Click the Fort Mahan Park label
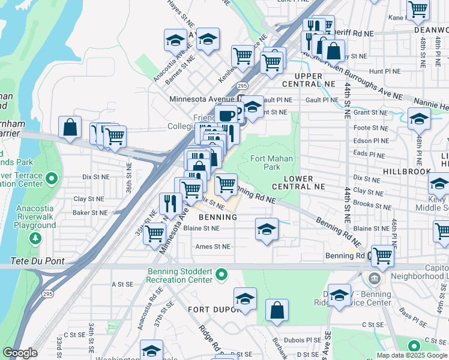tap(265, 163)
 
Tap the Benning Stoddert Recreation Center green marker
tap(221, 275)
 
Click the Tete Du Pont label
tap(38, 262)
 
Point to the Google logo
tap(20, 353)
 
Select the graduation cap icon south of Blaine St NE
tap(267, 229)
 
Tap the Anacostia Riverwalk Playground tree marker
tap(36, 238)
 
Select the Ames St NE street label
tap(212, 247)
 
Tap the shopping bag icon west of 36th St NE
tap(70, 127)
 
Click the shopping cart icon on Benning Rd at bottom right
tap(382, 256)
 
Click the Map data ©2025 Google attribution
tap(412, 355)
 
